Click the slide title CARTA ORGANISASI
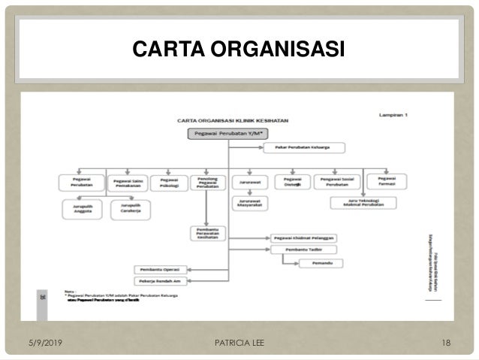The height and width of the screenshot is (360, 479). [239, 50]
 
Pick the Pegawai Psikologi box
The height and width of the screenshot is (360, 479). [168, 181]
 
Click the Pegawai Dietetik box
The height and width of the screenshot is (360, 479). [293, 181]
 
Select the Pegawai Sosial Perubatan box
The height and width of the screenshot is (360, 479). [339, 181]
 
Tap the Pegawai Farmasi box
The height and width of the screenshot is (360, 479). [388, 181]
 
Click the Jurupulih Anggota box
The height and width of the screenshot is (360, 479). [83, 209]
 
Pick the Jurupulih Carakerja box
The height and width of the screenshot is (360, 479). [125, 209]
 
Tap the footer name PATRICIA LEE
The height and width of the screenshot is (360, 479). [239, 343]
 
